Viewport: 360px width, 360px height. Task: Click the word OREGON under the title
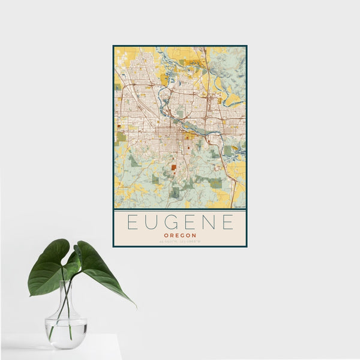[180, 235]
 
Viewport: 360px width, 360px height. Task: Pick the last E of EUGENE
[227, 223]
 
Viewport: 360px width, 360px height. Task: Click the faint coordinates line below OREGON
[180, 242]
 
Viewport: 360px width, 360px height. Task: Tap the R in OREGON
[171, 235]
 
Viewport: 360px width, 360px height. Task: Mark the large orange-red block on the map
[173, 169]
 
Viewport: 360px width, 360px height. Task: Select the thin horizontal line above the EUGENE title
[180, 211]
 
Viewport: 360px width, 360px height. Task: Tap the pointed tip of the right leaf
[135, 306]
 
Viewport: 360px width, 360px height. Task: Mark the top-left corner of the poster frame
[113, 46]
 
